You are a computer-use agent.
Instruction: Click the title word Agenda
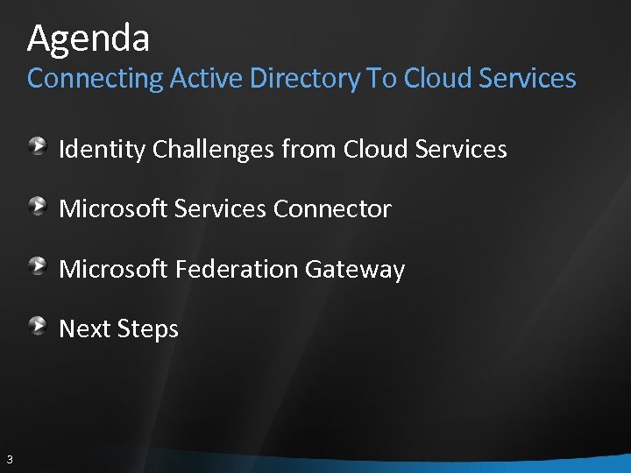coord(89,39)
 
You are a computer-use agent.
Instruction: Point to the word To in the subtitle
coord(381,79)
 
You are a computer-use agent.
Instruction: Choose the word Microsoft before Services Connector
coord(113,209)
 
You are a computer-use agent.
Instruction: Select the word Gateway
coord(355,269)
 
